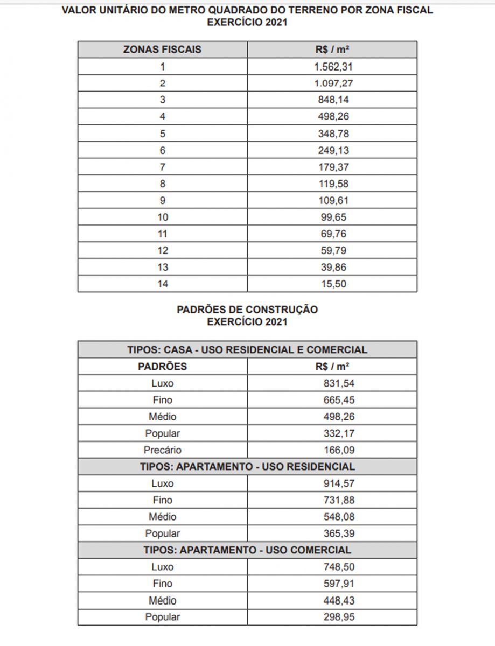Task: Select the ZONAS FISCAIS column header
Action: tap(162, 50)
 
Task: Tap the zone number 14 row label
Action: tap(162, 284)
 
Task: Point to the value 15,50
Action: tap(333, 284)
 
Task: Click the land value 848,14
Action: tap(333, 100)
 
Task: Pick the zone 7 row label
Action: tap(162, 167)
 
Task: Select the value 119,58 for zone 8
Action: tap(333, 184)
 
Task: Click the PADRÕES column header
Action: tap(162, 367)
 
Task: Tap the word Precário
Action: tap(162, 450)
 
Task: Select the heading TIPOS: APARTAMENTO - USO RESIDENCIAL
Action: tap(247, 467)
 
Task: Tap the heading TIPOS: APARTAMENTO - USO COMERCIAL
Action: tap(247, 550)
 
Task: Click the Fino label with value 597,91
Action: tap(162, 584)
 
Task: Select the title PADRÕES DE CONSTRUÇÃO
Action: tap(247, 310)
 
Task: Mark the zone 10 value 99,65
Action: tap(333, 217)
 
